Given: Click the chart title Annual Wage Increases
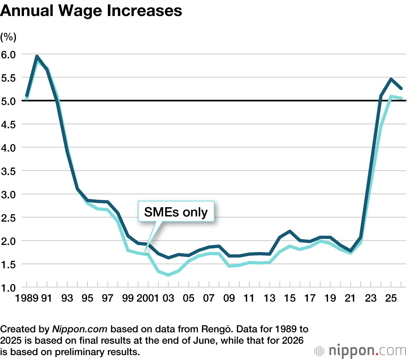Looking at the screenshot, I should tap(91, 11).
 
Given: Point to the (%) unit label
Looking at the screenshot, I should tap(9, 37).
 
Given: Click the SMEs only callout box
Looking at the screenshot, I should tap(175, 212).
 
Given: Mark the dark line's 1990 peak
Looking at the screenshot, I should tap(37, 57).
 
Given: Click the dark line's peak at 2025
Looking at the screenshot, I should tap(391, 79).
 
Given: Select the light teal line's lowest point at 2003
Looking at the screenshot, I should tap(168, 275).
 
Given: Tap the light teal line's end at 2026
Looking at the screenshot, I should tap(401, 98).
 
